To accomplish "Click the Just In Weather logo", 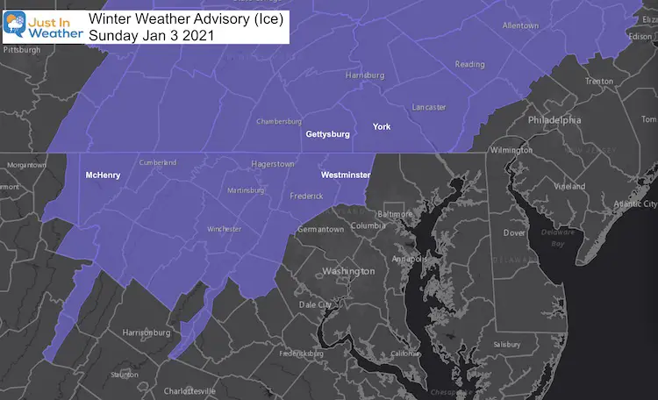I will (42, 23).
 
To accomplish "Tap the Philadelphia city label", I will (554, 119).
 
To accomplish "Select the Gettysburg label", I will (327, 134).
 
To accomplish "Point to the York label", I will (382, 127).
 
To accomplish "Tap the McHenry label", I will (103, 175).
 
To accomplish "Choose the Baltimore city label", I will (395, 213).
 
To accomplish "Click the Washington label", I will (348, 271).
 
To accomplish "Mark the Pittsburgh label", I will (21, 50).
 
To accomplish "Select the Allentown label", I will (520, 26).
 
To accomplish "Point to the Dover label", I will (513, 233).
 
